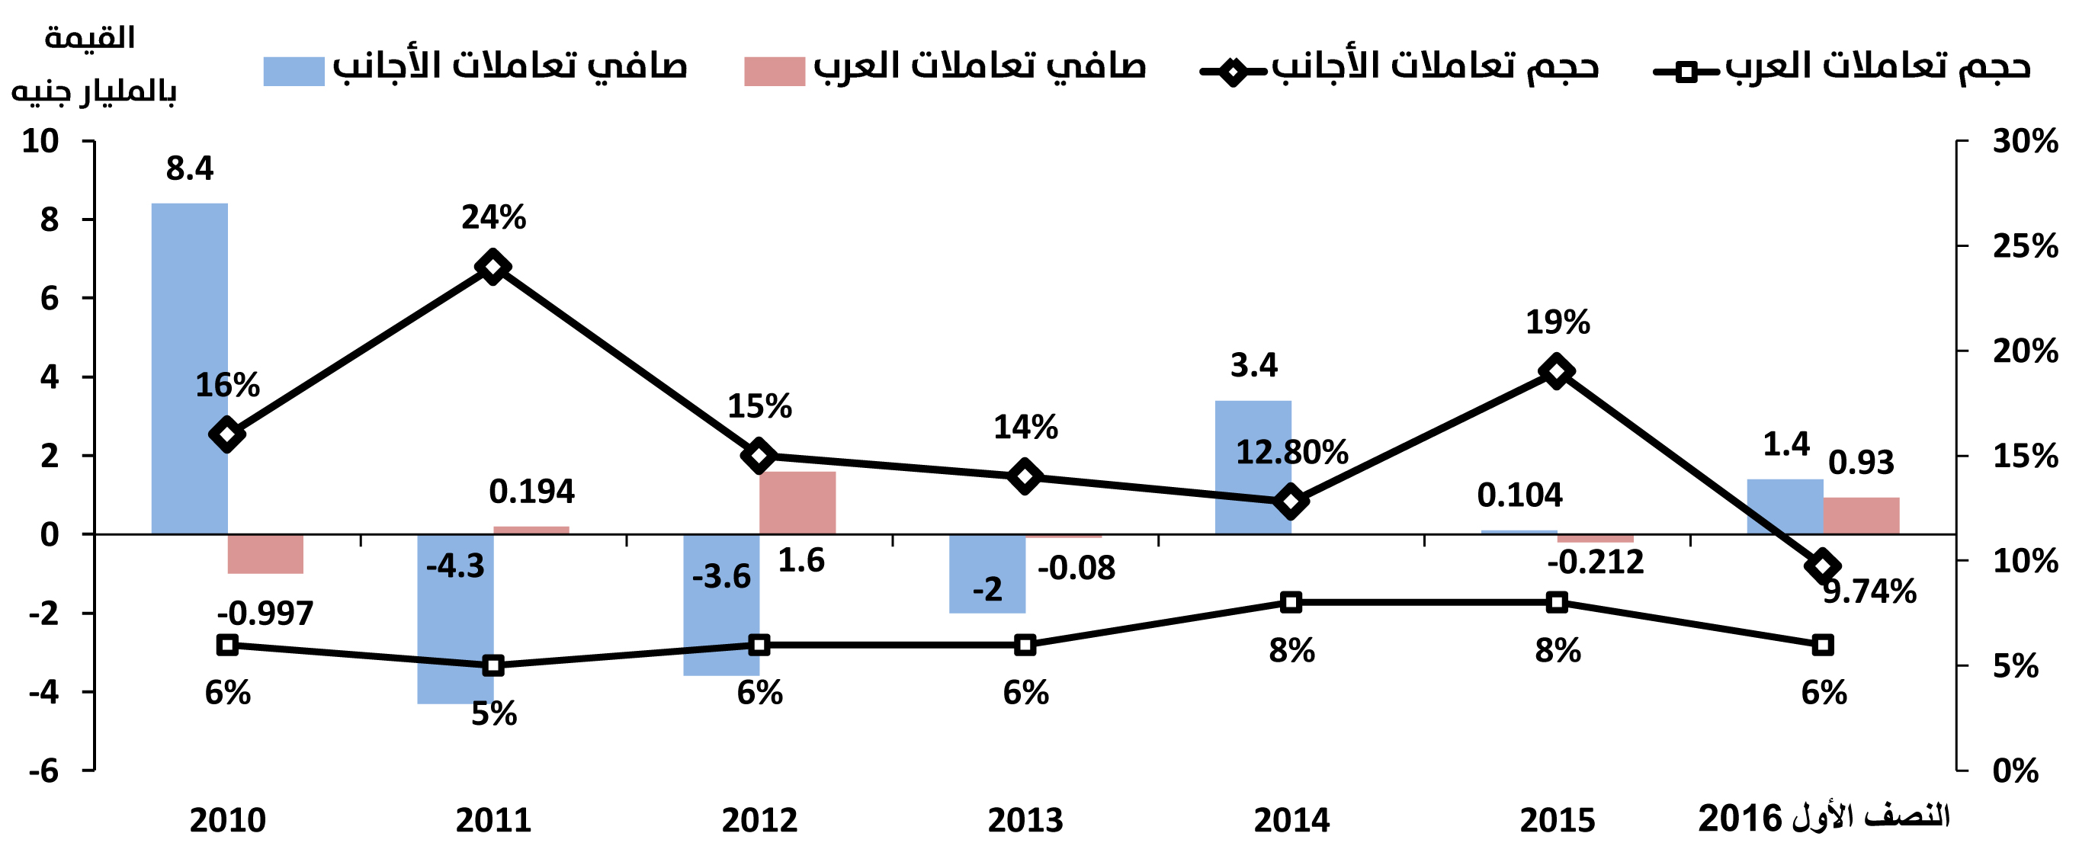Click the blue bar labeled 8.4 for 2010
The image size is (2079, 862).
pyautogui.click(x=190, y=368)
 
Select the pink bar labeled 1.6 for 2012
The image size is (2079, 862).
pyautogui.click(x=797, y=502)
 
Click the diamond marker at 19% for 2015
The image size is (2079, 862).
pyautogui.click(x=1557, y=371)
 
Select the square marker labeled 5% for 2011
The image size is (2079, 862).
pyautogui.click(x=493, y=666)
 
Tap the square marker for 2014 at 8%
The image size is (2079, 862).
pyautogui.click(x=1291, y=602)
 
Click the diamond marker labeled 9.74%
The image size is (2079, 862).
pyautogui.click(x=1822, y=566)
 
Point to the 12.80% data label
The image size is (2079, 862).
pyautogui.click(x=1292, y=452)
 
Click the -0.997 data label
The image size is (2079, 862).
pyautogui.click(x=265, y=614)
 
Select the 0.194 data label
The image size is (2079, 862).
pyautogui.click(x=532, y=492)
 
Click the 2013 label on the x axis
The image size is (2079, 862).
pyautogui.click(x=1025, y=820)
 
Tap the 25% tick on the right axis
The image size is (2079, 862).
pyautogui.click(x=2025, y=246)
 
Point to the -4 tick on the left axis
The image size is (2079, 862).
pyautogui.click(x=44, y=693)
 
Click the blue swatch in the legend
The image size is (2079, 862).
pyautogui.click(x=294, y=71)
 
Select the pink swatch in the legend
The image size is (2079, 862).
pyautogui.click(x=774, y=71)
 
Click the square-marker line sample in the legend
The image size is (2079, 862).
pyautogui.click(x=1686, y=72)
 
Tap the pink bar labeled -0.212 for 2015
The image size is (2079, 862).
pyautogui.click(x=1596, y=537)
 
